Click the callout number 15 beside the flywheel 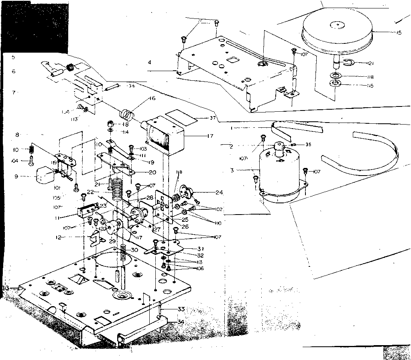click(x=399, y=33)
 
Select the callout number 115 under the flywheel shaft click(x=369, y=86)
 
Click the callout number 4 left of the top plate click(x=149, y=62)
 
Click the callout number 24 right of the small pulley click(x=219, y=192)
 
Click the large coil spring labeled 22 click(x=116, y=189)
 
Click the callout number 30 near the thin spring click(x=134, y=250)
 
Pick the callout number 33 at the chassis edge click(x=181, y=309)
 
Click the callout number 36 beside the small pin click(x=131, y=86)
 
